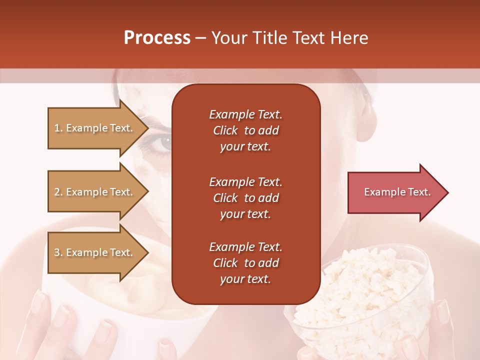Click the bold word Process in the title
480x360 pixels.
(x=157, y=38)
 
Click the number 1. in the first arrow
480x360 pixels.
(x=58, y=128)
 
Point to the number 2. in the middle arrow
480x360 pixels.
(x=58, y=192)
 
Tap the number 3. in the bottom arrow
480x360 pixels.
(x=58, y=252)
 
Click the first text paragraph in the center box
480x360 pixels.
(x=245, y=130)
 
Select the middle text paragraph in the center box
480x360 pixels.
(x=245, y=197)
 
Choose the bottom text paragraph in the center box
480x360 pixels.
(x=245, y=263)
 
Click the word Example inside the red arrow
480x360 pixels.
(x=381, y=192)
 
